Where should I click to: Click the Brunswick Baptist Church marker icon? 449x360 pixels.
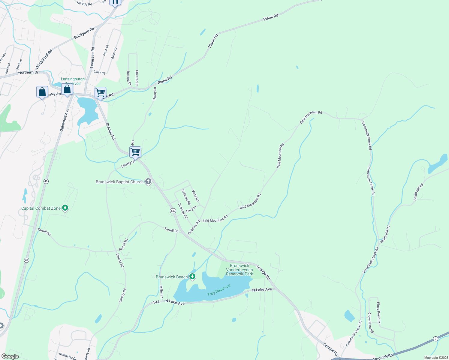tap(148, 181)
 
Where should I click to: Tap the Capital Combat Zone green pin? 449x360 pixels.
tap(65, 208)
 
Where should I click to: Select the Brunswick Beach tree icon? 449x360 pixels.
tap(192, 277)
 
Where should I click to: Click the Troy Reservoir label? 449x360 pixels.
tap(219, 290)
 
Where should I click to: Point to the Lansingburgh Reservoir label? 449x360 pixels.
tap(73, 81)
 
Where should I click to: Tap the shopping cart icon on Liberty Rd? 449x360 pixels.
tap(135, 152)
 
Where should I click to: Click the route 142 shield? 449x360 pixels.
tap(173, 211)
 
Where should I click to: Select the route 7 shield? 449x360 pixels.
tap(435, 339)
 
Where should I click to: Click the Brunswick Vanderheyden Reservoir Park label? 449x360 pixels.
tap(240, 270)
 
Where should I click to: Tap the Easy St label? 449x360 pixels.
tap(191, 209)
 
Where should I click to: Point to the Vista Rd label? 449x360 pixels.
tap(195, 196)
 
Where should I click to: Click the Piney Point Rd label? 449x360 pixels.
tap(379, 313)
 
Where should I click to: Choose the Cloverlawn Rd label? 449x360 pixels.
tap(371, 322)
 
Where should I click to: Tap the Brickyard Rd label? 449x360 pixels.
tap(84, 33)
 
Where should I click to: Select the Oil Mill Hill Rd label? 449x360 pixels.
tap(44, 59)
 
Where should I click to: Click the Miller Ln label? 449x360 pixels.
tap(161, 292)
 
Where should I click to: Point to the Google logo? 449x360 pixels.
tap(10, 356)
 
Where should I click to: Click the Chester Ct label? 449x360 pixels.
tap(137, 77)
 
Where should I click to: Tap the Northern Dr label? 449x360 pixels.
tap(28, 72)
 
